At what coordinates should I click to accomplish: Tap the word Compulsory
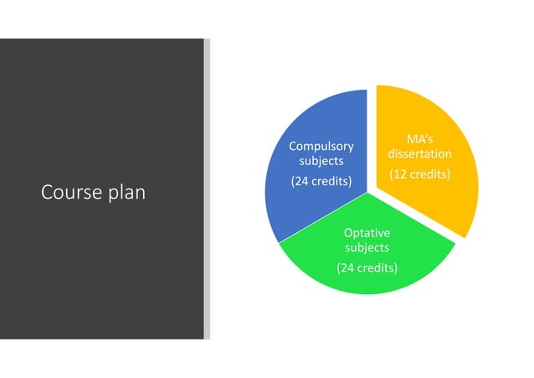click(316, 146)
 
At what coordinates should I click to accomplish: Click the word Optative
click(367, 232)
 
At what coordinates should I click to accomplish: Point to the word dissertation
click(420, 154)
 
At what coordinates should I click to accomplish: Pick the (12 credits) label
click(420, 174)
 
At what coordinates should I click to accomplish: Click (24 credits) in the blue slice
click(321, 181)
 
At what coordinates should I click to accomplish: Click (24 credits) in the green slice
click(367, 267)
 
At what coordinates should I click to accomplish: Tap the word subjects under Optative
click(367, 247)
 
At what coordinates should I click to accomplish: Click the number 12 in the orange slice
click(400, 174)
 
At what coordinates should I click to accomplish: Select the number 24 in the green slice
click(347, 267)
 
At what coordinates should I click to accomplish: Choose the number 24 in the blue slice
click(300, 181)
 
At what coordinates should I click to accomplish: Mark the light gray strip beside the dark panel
click(207, 189)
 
